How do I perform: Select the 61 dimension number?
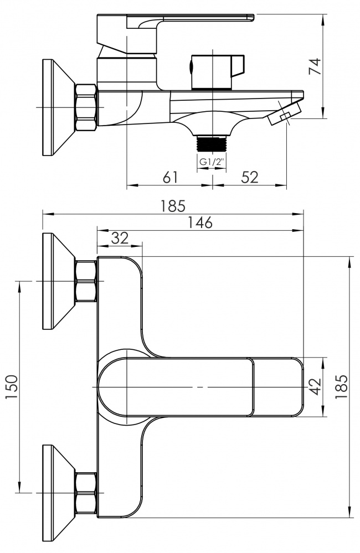click(171, 177)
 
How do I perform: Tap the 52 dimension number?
click(250, 177)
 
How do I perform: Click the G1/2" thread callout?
click(213, 162)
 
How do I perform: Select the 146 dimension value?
click(200, 223)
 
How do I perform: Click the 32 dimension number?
click(120, 238)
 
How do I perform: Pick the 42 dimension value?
click(315, 386)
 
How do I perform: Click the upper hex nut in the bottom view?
click(85, 281)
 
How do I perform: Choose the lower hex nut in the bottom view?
click(85, 492)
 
